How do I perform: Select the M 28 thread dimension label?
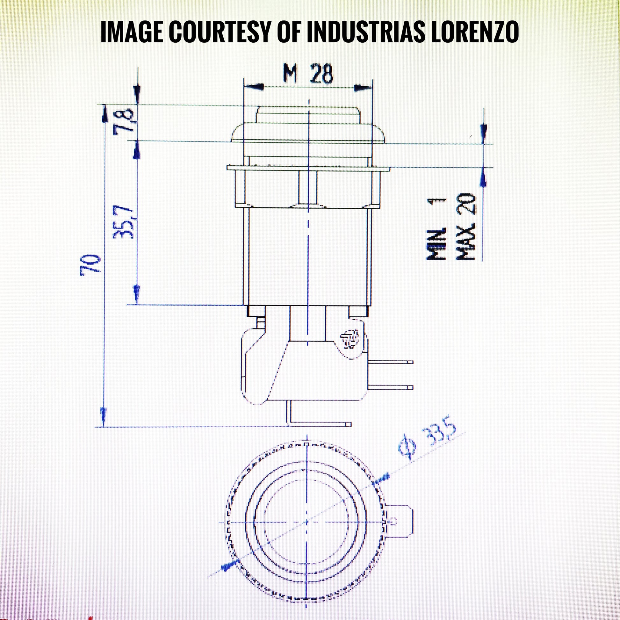[308, 75]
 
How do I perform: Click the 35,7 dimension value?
[123, 222]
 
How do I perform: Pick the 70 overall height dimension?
[91, 265]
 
